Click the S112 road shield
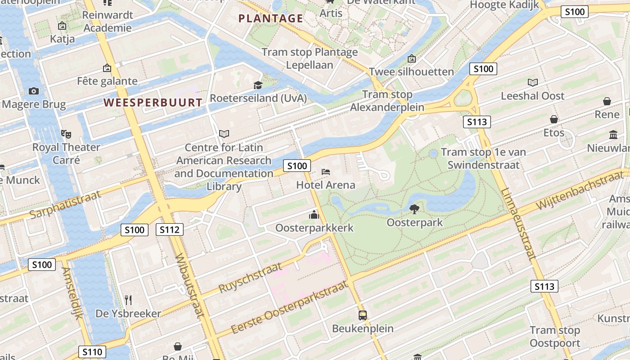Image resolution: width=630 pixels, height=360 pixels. click(x=170, y=230)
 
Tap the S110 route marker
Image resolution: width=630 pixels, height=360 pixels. click(x=92, y=352)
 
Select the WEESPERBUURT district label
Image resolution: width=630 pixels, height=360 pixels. click(x=153, y=103)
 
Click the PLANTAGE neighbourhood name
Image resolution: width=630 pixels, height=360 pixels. click(x=271, y=18)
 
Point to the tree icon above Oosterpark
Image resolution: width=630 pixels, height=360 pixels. click(x=414, y=209)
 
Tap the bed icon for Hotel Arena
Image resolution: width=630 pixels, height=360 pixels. click(x=326, y=172)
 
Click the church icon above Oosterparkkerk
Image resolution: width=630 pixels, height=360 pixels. click(x=314, y=215)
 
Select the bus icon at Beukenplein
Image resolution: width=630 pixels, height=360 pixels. click(x=363, y=315)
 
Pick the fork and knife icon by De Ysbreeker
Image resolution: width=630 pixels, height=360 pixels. click(x=128, y=300)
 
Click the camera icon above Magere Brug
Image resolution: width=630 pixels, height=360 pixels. click(x=34, y=91)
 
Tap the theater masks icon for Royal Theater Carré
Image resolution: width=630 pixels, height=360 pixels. click(x=66, y=134)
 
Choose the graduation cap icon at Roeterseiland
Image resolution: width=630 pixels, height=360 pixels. click(x=258, y=85)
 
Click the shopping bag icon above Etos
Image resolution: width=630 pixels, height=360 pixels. click(x=554, y=119)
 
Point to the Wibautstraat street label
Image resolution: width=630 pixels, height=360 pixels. click(x=193, y=286)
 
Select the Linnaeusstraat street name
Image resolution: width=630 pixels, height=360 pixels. click(x=518, y=224)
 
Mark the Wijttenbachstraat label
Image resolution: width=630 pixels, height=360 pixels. click(x=584, y=188)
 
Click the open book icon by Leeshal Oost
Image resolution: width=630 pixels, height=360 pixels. click(x=533, y=82)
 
